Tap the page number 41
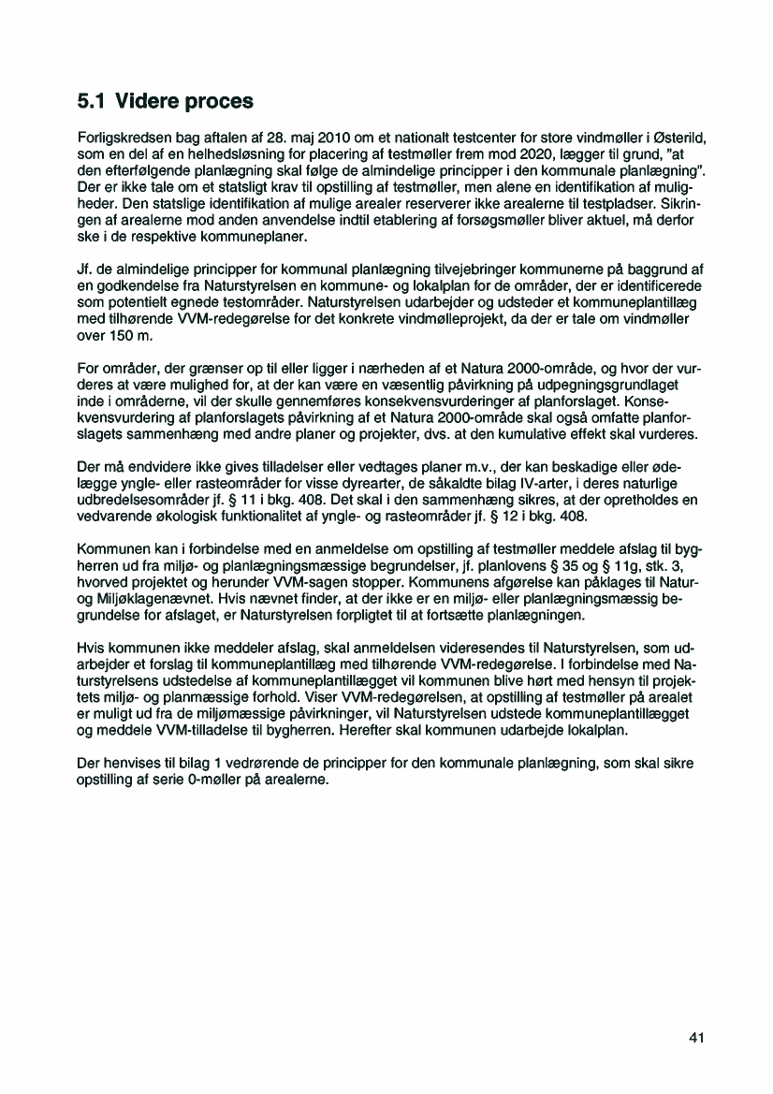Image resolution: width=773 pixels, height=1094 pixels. click(x=695, y=1038)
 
